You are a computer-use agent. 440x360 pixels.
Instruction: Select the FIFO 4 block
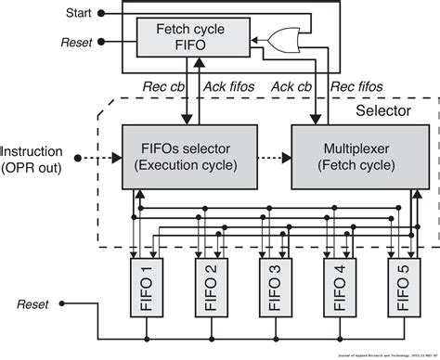(x=336, y=287)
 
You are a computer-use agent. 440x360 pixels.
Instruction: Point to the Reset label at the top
(x=75, y=43)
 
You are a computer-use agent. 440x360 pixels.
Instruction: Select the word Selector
(x=385, y=110)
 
